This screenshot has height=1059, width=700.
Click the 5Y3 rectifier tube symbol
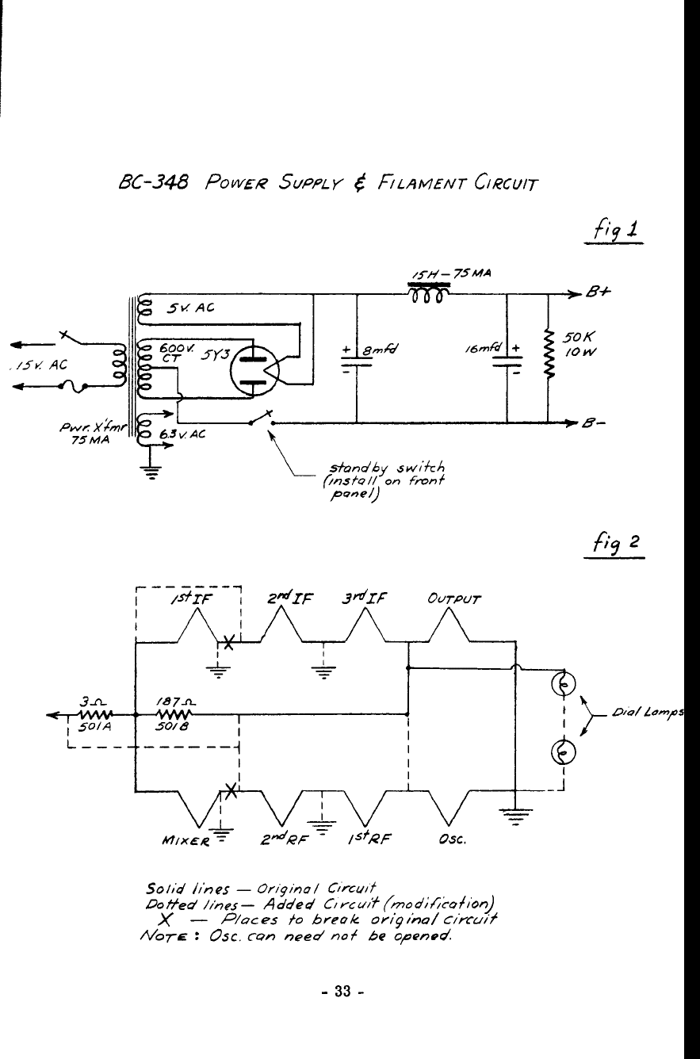pyautogui.click(x=254, y=369)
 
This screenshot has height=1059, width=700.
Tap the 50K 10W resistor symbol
pyautogui.click(x=549, y=354)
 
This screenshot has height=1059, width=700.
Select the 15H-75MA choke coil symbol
pyautogui.click(x=427, y=293)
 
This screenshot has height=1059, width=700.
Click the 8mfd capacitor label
pyautogui.click(x=380, y=350)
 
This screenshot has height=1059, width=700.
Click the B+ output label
pyautogui.click(x=599, y=292)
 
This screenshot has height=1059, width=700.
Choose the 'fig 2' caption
pyautogui.click(x=616, y=544)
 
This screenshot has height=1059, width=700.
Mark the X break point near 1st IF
pyautogui.click(x=228, y=642)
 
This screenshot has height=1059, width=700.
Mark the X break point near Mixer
pyautogui.click(x=231, y=790)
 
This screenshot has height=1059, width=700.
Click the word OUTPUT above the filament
pyautogui.click(x=453, y=599)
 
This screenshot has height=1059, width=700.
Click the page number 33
pyautogui.click(x=343, y=991)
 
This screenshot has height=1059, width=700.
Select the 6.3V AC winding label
pyautogui.click(x=182, y=434)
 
